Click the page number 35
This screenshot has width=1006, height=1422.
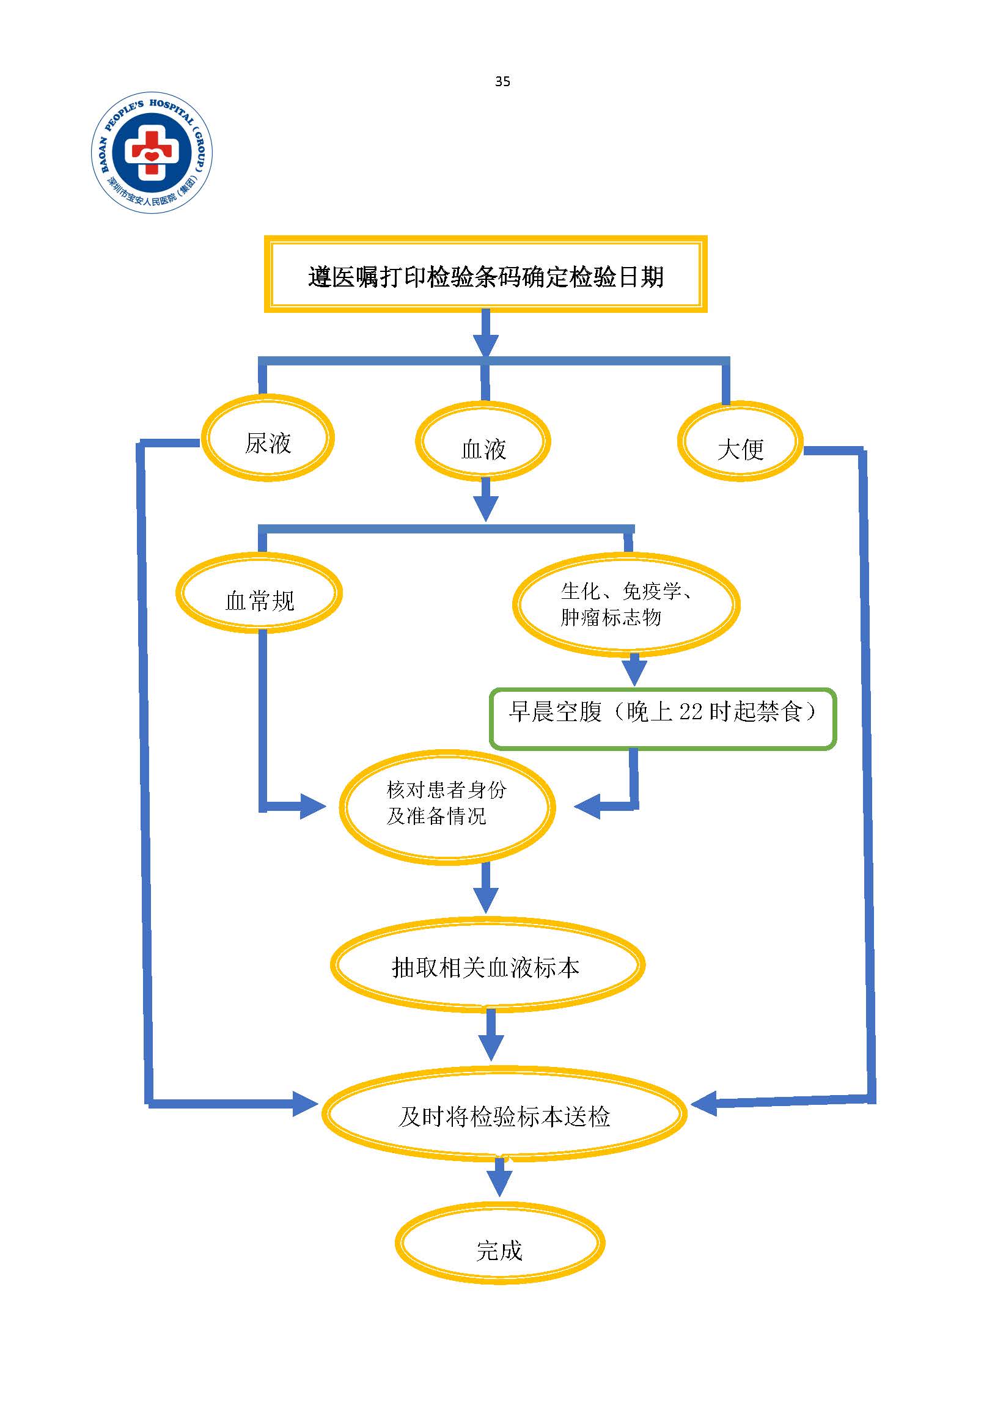[502, 81]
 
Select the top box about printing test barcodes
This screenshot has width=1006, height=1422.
[486, 274]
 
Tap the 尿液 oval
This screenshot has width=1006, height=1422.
[268, 439]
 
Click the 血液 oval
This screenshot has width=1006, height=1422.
[483, 442]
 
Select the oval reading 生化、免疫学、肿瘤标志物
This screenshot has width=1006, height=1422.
[626, 604]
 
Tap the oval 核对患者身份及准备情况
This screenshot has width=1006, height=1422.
[447, 807]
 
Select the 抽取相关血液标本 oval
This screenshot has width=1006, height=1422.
[488, 966]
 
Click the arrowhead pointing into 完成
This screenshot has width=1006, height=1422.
[499, 1184]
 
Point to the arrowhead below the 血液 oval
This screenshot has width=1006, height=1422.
[486, 508]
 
